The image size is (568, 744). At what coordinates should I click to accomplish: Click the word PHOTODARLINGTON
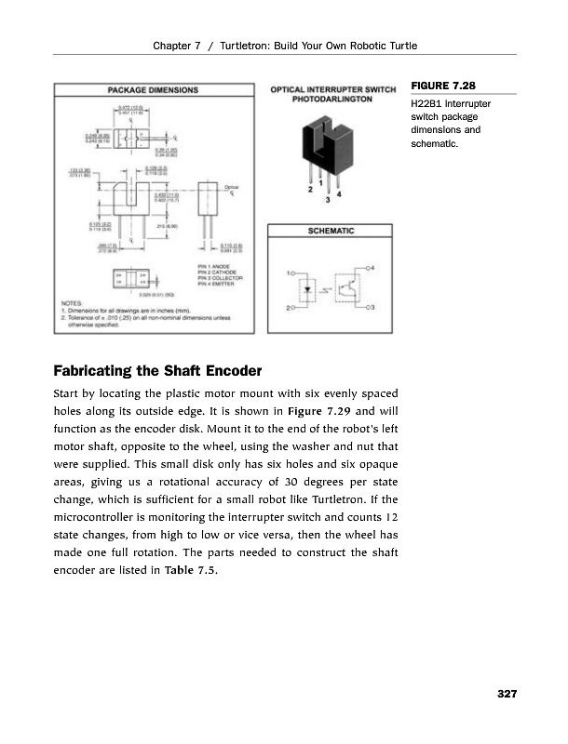click(333, 100)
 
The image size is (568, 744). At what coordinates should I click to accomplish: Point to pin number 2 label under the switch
click(310, 189)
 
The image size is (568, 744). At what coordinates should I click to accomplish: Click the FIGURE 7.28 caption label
click(438, 86)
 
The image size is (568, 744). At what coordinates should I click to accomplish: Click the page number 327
click(506, 694)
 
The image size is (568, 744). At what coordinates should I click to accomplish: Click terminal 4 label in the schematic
click(372, 267)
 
